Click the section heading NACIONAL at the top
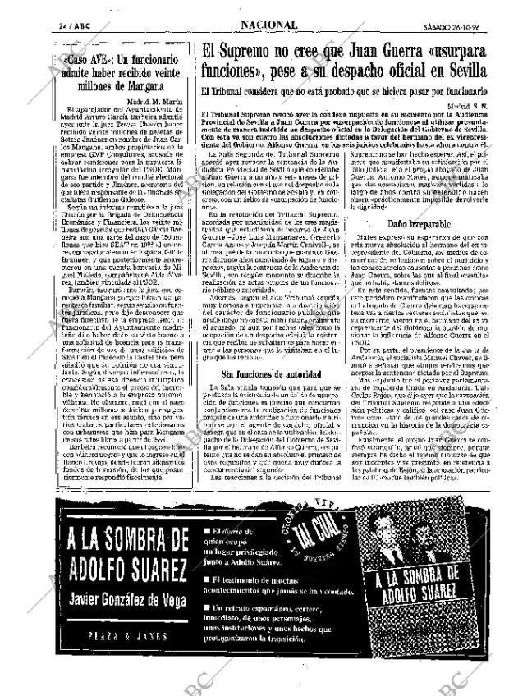coord(269,25)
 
